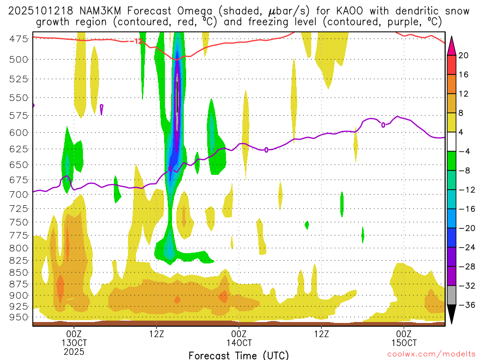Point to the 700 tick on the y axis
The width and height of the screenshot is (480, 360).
[18, 194]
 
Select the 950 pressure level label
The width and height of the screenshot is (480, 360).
[18, 317]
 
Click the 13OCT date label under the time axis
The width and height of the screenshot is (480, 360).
[74, 342]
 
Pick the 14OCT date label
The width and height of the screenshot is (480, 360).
[239, 342]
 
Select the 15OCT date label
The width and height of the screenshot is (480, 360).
[404, 342]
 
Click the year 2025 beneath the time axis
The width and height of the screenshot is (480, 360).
[74, 351]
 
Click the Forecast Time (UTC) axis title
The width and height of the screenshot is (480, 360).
[239, 355]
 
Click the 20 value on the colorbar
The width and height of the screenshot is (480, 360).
[464, 55]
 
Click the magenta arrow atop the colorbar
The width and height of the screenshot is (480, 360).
[452, 45]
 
